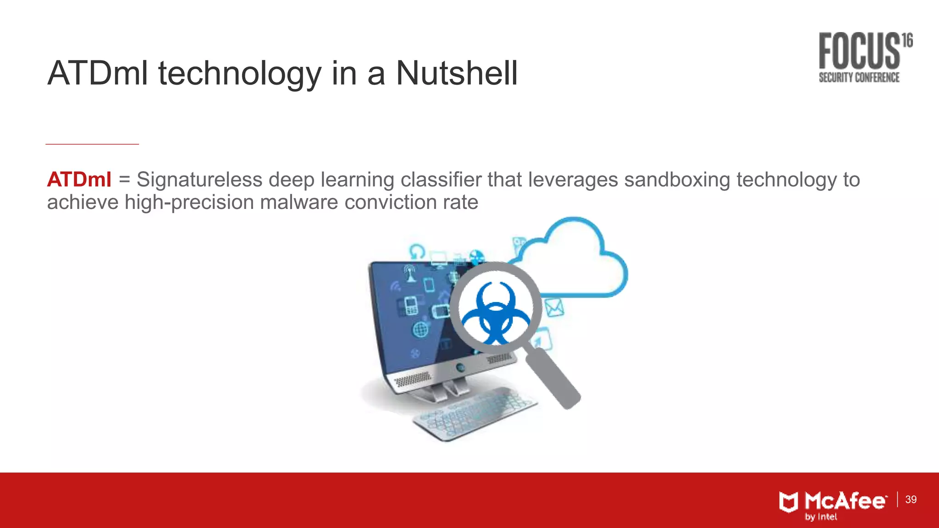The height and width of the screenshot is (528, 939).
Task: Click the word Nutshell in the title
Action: (457, 73)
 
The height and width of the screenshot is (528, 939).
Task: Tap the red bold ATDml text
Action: (79, 180)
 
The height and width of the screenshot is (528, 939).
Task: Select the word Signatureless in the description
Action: (199, 180)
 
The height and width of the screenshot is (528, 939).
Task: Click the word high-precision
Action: (189, 202)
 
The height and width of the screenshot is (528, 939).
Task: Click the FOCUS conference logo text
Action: (859, 50)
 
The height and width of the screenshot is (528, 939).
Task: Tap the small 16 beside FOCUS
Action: (907, 40)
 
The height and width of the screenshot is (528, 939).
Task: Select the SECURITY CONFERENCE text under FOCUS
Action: (859, 77)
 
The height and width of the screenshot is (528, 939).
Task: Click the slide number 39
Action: (911, 500)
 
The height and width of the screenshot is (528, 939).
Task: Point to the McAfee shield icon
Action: (789, 502)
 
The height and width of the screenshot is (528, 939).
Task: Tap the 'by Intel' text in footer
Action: (821, 517)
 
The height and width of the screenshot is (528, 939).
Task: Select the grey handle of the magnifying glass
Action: (552, 378)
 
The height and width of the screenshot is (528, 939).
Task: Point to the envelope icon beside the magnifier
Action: (554, 307)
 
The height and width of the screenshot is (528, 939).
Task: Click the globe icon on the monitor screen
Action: (420, 329)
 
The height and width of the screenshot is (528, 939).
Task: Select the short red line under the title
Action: (92, 144)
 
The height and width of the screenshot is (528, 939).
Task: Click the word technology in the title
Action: (240, 73)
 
